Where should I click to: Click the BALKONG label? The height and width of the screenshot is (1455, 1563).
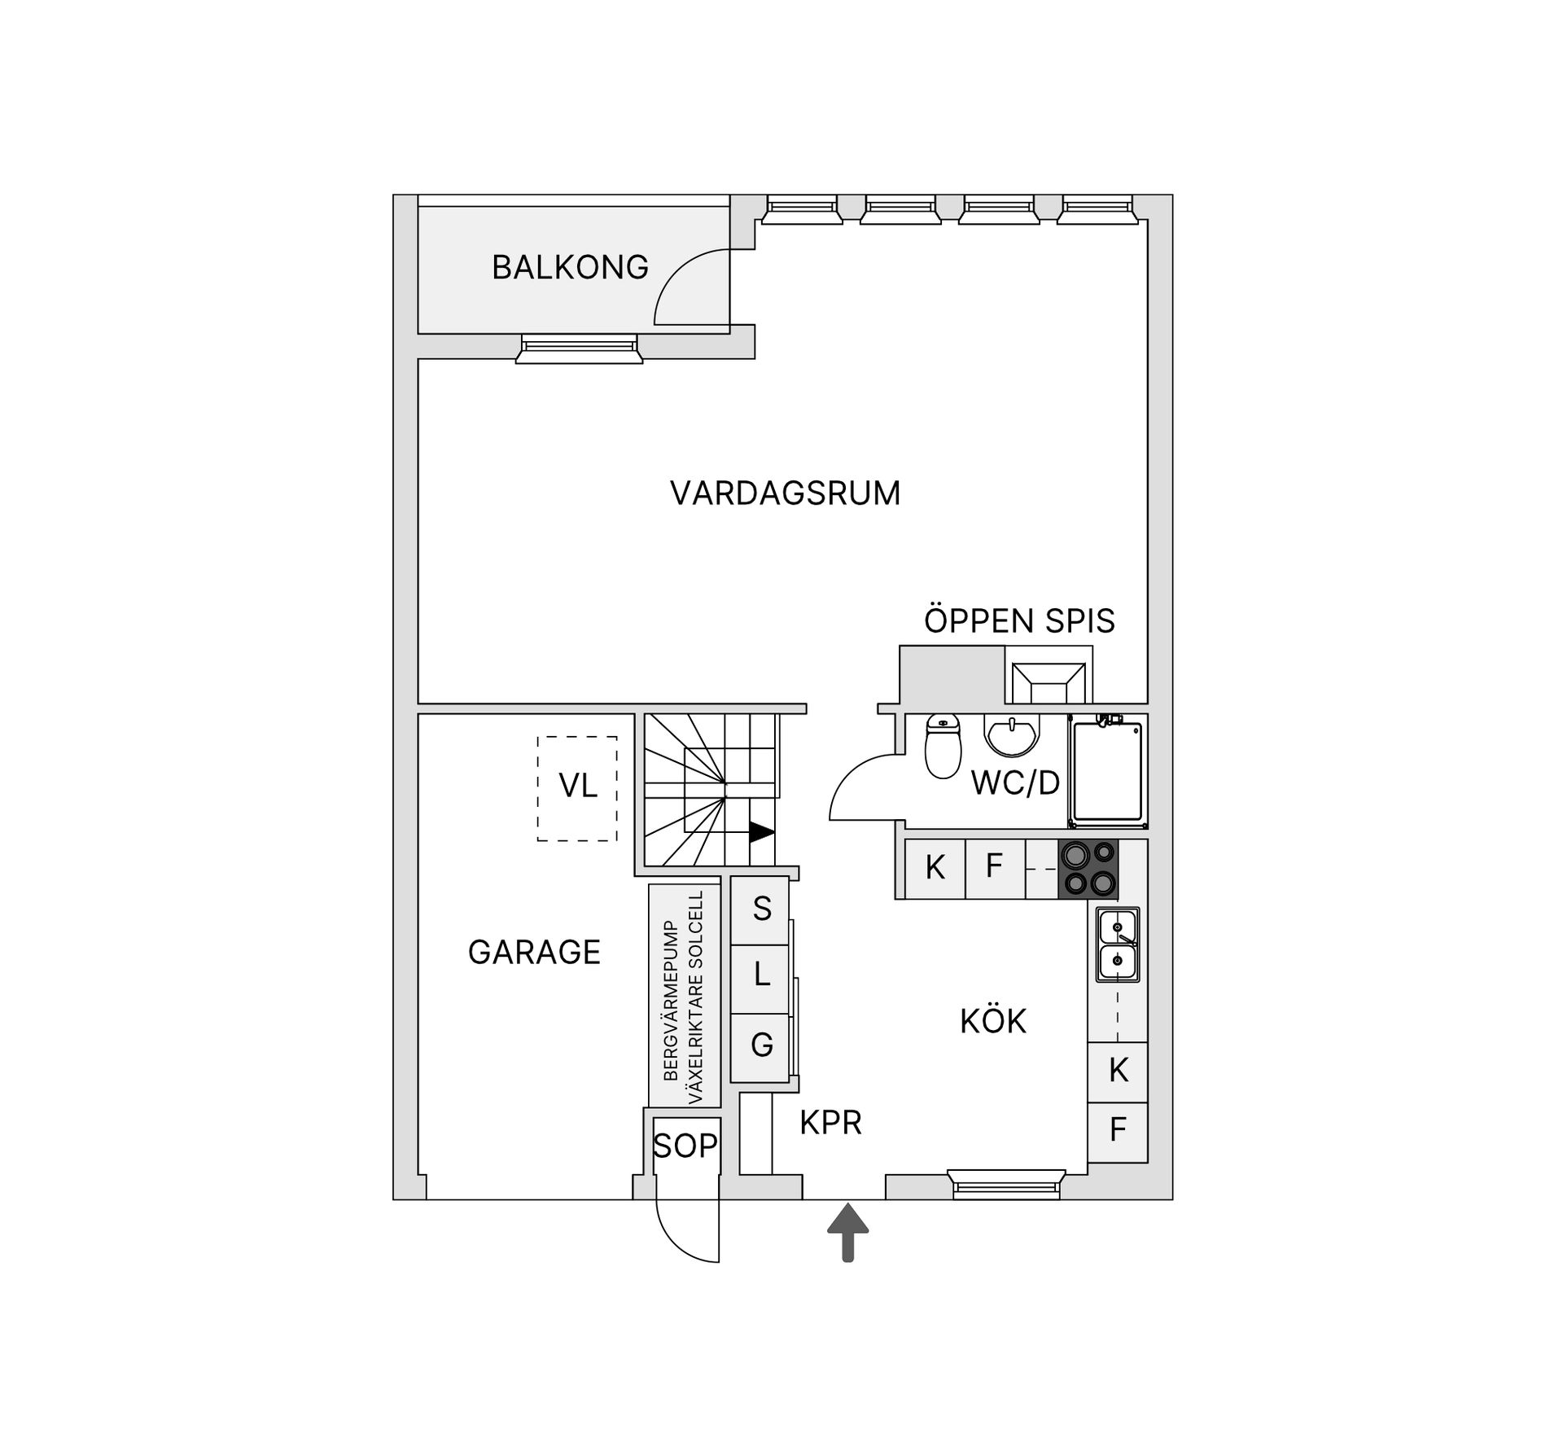tap(570, 267)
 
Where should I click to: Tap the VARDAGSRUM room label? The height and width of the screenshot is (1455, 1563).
tap(786, 493)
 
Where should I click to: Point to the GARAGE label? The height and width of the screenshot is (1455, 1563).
tap(534, 952)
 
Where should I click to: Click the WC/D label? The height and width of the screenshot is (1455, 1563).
tap(1015, 783)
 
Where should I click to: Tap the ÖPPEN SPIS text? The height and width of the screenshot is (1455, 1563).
tap(1019, 621)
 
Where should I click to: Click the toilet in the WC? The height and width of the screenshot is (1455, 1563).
tap(943, 746)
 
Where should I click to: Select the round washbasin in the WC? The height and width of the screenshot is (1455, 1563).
tap(1012, 735)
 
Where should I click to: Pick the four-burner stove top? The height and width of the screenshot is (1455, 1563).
tap(1088, 869)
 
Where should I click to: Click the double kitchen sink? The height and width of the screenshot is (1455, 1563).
tap(1118, 944)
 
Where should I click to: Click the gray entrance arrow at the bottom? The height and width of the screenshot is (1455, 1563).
tap(847, 1233)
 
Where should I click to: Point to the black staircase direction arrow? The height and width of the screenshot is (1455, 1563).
tap(762, 832)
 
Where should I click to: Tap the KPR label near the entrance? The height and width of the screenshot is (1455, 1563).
tap(830, 1123)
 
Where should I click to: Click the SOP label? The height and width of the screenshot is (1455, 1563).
tap(685, 1146)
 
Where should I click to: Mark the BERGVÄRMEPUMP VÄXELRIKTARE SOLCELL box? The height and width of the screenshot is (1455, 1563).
tap(685, 995)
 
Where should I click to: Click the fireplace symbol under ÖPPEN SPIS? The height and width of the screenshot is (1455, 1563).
tap(1049, 682)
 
